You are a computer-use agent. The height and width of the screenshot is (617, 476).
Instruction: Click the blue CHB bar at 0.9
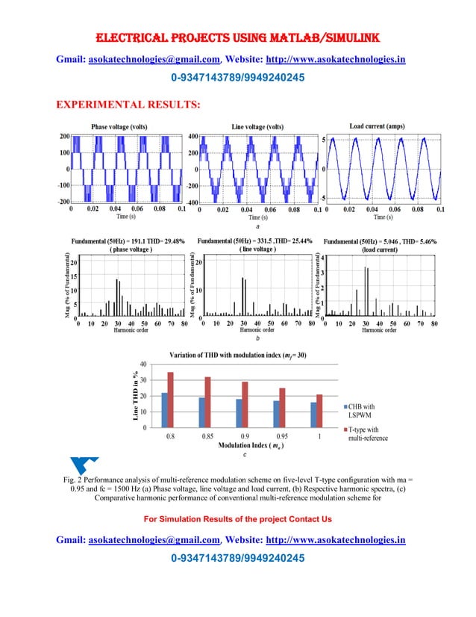coord(239,413)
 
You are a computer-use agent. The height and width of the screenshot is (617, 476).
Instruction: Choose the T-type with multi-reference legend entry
coord(366,434)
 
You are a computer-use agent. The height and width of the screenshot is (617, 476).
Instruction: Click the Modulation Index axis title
coord(245,445)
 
